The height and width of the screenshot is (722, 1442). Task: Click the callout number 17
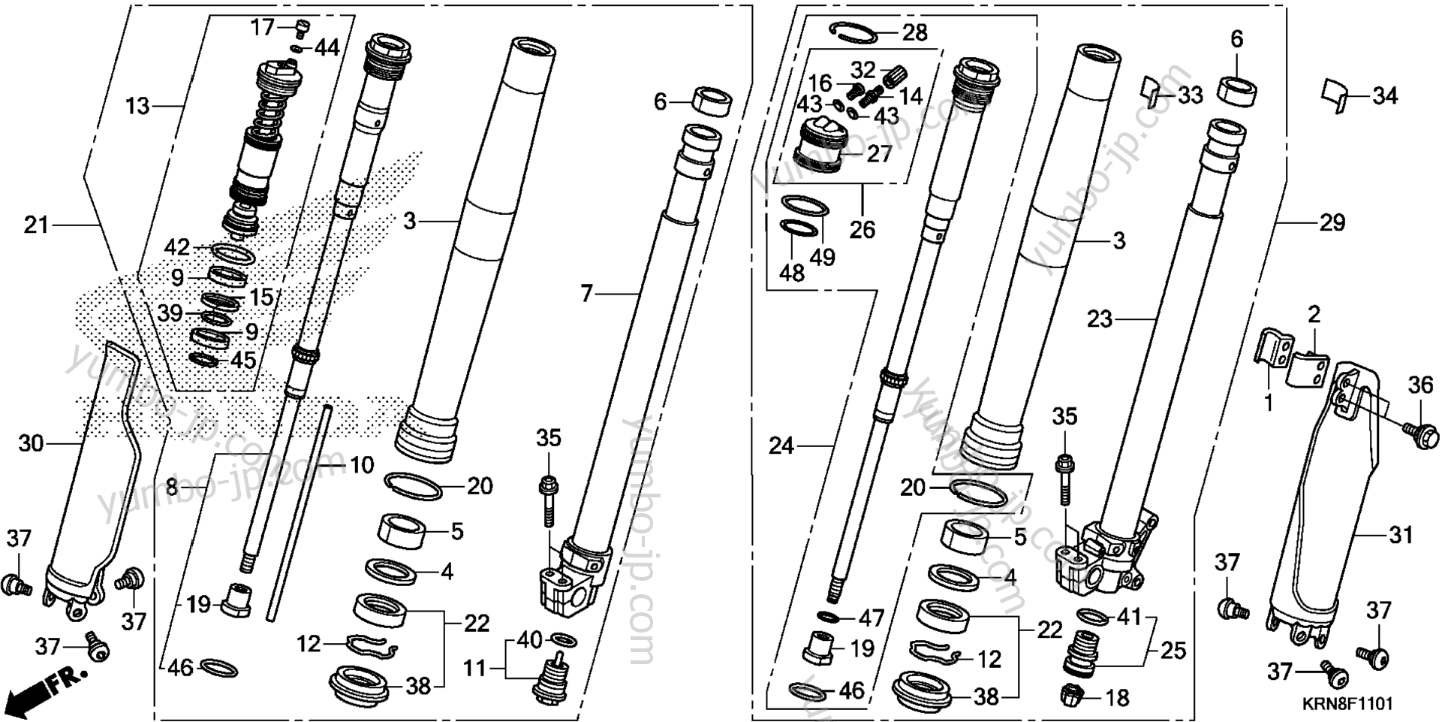pos(263,28)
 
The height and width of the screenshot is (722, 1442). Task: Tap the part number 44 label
pos(327,48)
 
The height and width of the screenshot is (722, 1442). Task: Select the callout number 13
pos(137,107)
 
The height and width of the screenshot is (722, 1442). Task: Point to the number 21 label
pos(36,225)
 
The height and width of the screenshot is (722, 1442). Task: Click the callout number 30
pos(31,444)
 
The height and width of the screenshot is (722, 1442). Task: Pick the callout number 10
pos(362,466)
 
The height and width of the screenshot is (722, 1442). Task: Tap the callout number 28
pos(915,32)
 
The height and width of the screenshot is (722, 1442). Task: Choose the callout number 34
pos(1386,96)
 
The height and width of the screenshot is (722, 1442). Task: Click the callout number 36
pos(1420,385)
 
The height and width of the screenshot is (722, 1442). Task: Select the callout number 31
pos(1401,536)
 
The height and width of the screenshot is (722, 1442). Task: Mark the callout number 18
pos(1118,698)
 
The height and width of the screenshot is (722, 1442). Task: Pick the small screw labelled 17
pos(302,29)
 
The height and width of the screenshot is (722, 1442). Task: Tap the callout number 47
pos(872,619)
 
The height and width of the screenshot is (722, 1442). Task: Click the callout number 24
pos(781,447)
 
